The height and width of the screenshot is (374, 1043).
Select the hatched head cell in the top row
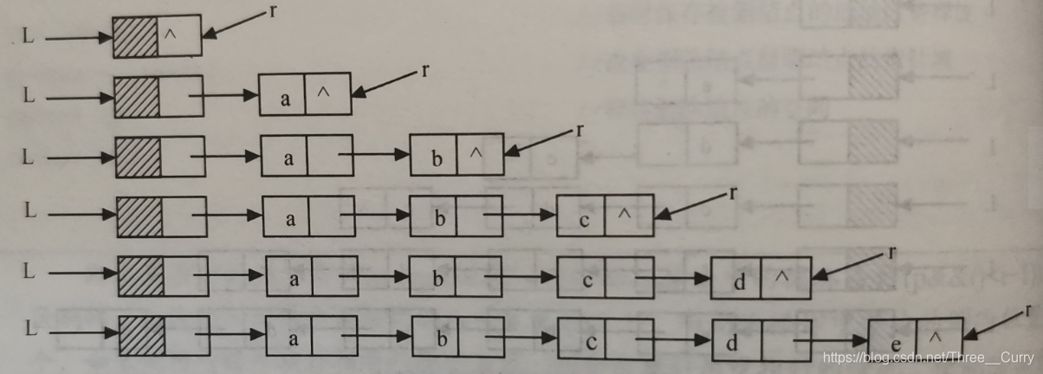135,37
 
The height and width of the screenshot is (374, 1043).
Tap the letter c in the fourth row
584,220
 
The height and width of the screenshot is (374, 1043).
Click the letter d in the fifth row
739,280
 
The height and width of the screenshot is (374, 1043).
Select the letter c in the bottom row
590,342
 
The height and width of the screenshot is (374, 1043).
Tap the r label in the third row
579,131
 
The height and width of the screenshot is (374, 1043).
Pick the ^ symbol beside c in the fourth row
625,215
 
